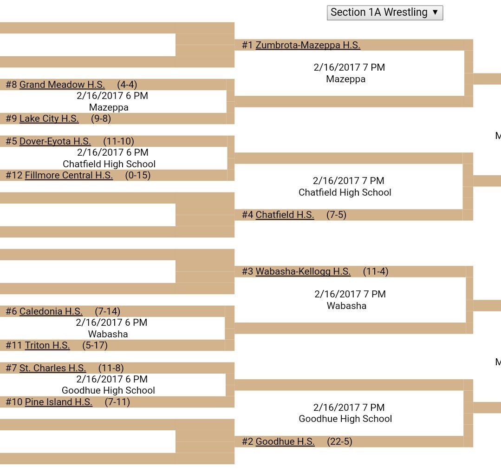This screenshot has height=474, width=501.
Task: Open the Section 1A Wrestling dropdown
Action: point(385,13)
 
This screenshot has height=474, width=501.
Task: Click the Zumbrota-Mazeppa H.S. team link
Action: point(308,45)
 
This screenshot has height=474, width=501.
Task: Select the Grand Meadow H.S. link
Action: point(62,85)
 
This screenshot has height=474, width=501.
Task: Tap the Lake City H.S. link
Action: point(49,118)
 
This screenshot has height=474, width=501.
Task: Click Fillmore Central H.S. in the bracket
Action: point(69,175)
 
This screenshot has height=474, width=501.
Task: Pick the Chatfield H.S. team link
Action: point(285,215)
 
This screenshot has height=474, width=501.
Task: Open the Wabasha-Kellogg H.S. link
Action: point(303,271)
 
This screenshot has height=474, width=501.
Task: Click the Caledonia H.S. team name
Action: point(51,311)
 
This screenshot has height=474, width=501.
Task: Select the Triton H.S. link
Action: point(47,345)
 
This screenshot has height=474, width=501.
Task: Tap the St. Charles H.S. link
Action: point(52,368)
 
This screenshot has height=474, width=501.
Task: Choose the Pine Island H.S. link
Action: point(59,402)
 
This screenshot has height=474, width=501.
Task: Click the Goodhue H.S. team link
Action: point(285,441)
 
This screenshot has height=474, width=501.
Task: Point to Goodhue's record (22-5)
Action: point(339,441)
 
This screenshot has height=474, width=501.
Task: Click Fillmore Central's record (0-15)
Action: point(138,175)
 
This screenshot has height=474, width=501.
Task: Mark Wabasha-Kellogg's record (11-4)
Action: point(376,271)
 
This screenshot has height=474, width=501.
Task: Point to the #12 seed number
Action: point(14,175)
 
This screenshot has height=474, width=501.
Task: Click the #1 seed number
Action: point(247,45)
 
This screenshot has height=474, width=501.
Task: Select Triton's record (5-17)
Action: point(95,345)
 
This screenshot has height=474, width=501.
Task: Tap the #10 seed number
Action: point(14,402)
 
